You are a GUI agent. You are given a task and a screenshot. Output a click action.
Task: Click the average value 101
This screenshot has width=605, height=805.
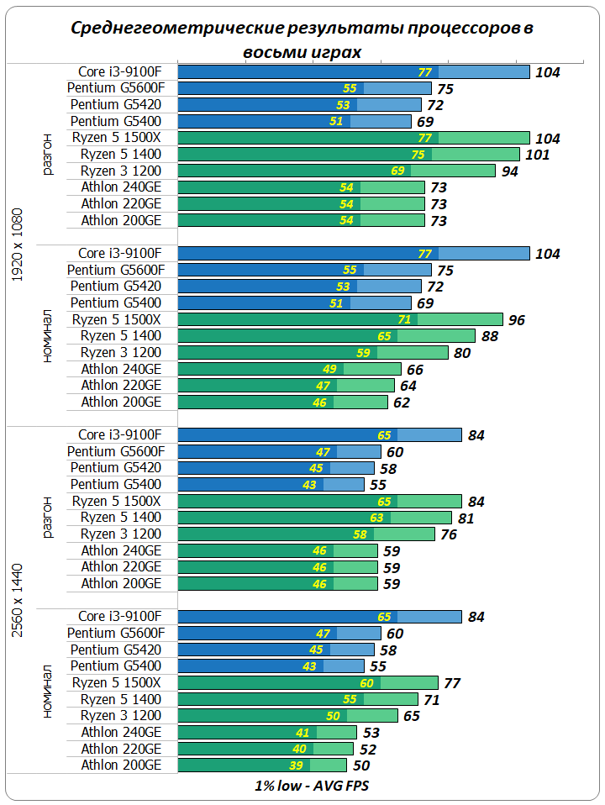tap(537, 155)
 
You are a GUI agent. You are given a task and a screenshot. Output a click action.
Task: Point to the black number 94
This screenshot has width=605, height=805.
tap(510, 171)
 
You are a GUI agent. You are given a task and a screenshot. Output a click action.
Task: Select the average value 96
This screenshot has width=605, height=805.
tap(517, 320)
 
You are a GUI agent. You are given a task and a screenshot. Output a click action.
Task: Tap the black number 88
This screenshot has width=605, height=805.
tap(490, 336)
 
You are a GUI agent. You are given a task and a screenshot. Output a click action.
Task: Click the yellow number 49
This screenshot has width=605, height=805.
tap(329, 369)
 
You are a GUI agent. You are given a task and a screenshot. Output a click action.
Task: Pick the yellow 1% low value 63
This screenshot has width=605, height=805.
tap(376, 518)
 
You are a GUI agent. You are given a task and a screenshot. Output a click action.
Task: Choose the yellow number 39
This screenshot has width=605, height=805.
tap(296, 766)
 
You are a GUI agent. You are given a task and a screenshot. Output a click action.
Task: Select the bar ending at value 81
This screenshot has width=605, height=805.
tap(314, 518)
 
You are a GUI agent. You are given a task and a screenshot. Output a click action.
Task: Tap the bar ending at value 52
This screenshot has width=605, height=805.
tap(266, 749)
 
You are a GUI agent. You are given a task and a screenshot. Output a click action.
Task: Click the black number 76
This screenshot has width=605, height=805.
tap(450, 534)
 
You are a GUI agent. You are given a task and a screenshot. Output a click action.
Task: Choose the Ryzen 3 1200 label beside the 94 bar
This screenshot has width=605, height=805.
tap(121, 171)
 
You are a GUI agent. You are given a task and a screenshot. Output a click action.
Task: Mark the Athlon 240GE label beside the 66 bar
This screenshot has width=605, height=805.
tap(121, 369)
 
